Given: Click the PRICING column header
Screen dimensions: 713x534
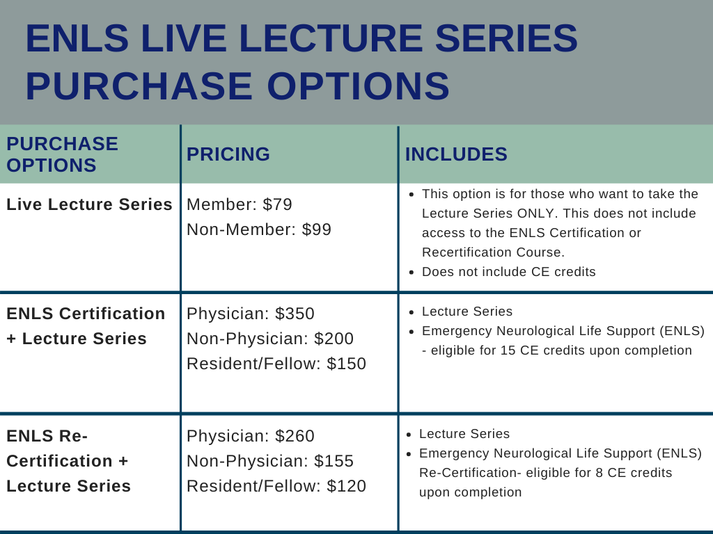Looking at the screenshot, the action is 228,154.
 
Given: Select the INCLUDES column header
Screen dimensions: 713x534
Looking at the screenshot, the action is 456,154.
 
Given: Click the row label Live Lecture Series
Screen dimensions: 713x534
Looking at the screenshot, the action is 90,204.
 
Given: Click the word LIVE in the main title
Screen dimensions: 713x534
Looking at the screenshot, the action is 184,38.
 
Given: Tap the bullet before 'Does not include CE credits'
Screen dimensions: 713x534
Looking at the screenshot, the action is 412,273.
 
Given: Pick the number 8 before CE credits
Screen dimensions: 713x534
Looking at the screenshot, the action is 600,473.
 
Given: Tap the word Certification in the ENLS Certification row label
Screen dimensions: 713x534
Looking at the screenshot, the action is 112,314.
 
